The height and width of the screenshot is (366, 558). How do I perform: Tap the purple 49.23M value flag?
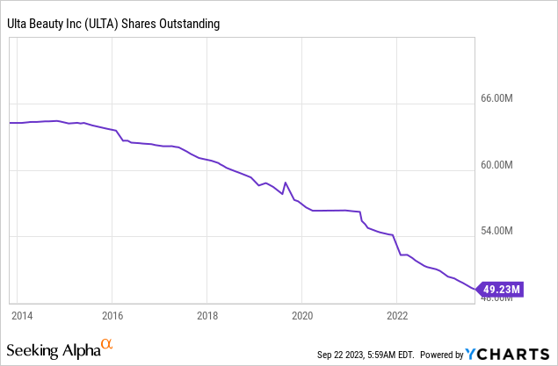click(x=501, y=288)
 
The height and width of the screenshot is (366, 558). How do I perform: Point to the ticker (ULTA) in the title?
click(x=108, y=24)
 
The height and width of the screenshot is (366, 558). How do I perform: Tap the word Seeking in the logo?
click(x=34, y=350)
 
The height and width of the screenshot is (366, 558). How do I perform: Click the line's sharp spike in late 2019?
click(x=286, y=183)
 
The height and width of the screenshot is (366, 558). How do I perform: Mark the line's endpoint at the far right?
click(x=475, y=288)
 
